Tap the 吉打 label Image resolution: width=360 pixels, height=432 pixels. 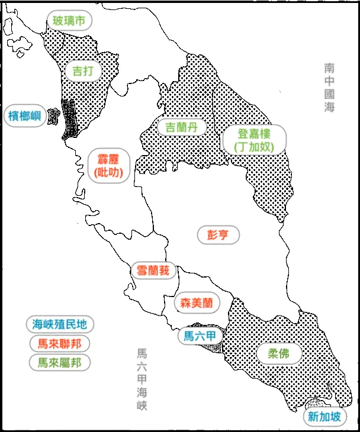[x=83, y=71]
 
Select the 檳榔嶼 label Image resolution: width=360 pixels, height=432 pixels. [x=24, y=115]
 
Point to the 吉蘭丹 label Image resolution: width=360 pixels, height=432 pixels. [x=178, y=127]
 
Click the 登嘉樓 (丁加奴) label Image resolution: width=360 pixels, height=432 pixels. [x=254, y=140]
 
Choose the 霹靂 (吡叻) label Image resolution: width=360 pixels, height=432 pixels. [x=107, y=165]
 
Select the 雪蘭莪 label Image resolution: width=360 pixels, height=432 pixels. [x=153, y=271]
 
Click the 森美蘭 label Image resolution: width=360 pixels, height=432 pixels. [x=197, y=302]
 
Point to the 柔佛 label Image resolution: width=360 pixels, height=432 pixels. [x=276, y=354]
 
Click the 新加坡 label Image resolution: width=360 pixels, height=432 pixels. [x=324, y=417]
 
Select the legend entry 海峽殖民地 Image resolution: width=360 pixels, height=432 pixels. [x=60, y=324]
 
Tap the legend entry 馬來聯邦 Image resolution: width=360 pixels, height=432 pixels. [x=60, y=343]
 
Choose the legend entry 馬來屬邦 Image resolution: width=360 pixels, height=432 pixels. [x=60, y=362]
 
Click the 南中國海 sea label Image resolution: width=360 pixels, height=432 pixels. [x=329, y=88]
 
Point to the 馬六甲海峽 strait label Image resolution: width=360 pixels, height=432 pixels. [x=142, y=379]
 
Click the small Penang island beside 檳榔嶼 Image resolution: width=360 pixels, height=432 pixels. [x=54, y=114]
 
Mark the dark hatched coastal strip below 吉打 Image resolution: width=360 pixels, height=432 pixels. [x=69, y=118]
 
